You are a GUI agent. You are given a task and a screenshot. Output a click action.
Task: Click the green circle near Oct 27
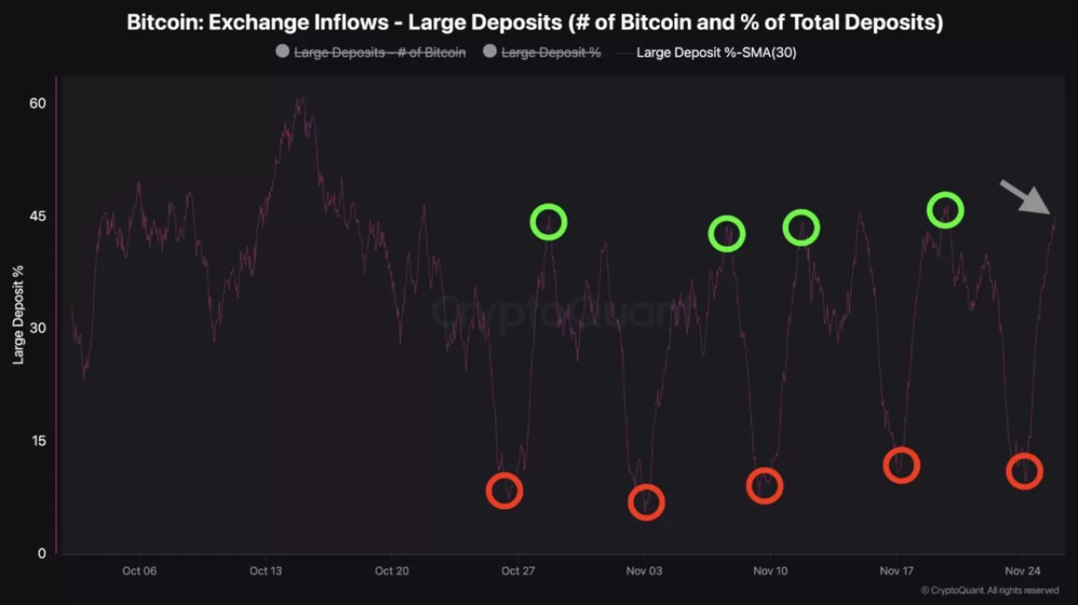click(x=548, y=222)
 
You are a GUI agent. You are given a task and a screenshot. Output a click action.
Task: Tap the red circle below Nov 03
click(x=646, y=503)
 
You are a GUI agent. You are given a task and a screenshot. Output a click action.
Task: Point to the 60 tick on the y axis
click(x=37, y=103)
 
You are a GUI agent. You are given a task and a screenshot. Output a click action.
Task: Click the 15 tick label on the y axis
click(x=37, y=441)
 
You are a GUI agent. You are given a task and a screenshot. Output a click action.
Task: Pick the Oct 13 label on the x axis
click(x=265, y=570)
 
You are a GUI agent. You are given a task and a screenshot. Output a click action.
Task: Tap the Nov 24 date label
click(x=1023, y=570)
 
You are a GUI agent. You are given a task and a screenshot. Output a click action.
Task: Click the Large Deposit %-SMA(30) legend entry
click(x=716, y=52)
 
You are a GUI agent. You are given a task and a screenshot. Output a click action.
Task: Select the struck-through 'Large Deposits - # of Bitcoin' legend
click(x=379, y=52)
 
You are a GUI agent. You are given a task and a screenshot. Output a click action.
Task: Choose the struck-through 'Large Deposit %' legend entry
click(x=551, y=52)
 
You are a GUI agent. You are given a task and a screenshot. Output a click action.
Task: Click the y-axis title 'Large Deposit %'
click(x=18, y=314)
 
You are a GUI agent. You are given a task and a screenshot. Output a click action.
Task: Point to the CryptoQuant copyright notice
click(x=990, y=591)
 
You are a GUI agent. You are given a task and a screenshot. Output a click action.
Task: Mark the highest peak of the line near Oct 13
click(x=299, y=99)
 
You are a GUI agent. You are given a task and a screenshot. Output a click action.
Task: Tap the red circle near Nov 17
click(x=901, y=466)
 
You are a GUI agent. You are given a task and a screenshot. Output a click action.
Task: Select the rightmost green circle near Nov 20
click(x=945, y=210)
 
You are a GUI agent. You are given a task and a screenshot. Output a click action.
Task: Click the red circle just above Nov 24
click(x=1024, y=472)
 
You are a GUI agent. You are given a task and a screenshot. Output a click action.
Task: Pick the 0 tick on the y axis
click(x=40, y=554)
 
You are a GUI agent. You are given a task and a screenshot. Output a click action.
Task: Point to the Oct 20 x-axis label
click(x=392, y=570)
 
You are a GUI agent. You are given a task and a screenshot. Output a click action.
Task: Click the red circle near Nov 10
click(x=765, y=485)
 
